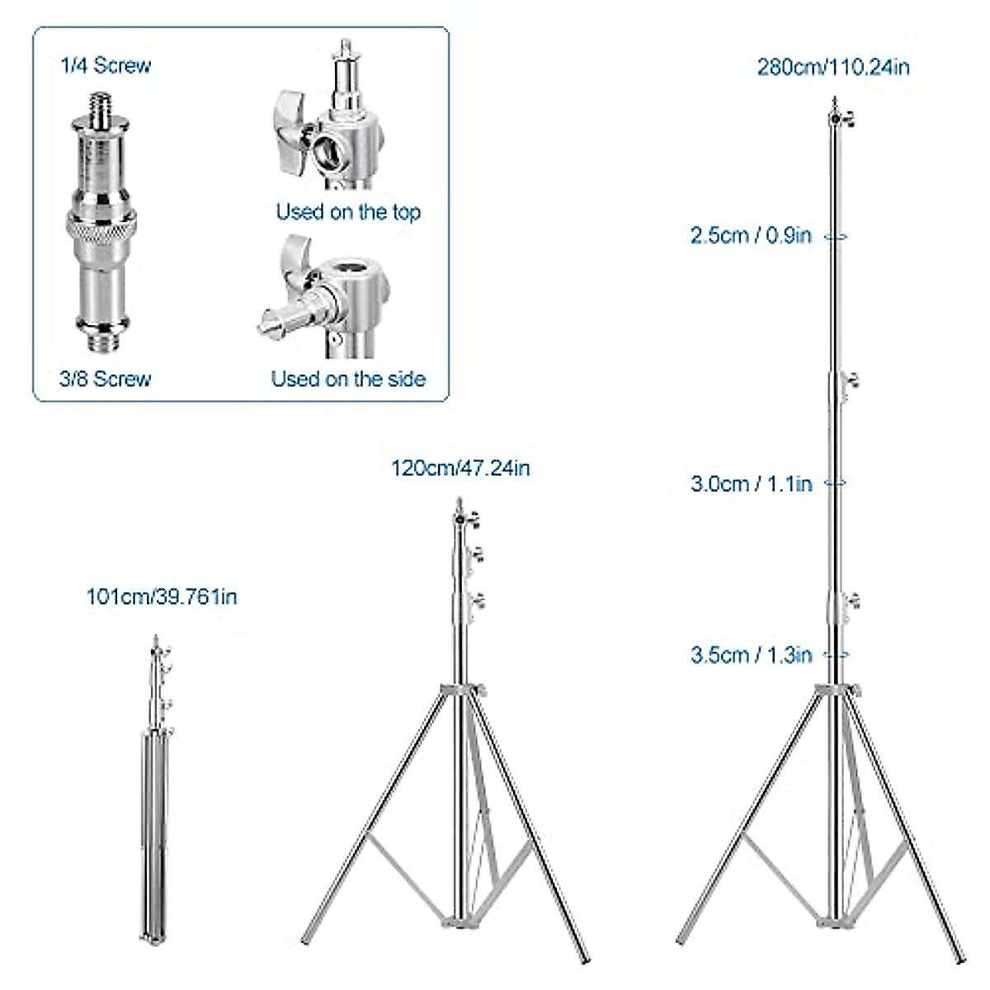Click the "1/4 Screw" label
(x=106, y=65)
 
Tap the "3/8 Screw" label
(x=106, y=379)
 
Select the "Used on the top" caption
(x=348, y=212)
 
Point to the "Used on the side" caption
(x=348, y=379)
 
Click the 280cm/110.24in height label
(x=833, y=67)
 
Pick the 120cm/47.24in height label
(x=460, y=469)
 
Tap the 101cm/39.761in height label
(x=162, y=596)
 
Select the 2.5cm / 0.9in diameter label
(x=751, y=236)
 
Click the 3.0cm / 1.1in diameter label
(x=751, y=483)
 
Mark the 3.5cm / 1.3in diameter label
(x=751, y=655)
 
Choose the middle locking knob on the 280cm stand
(x=850, y=381)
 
